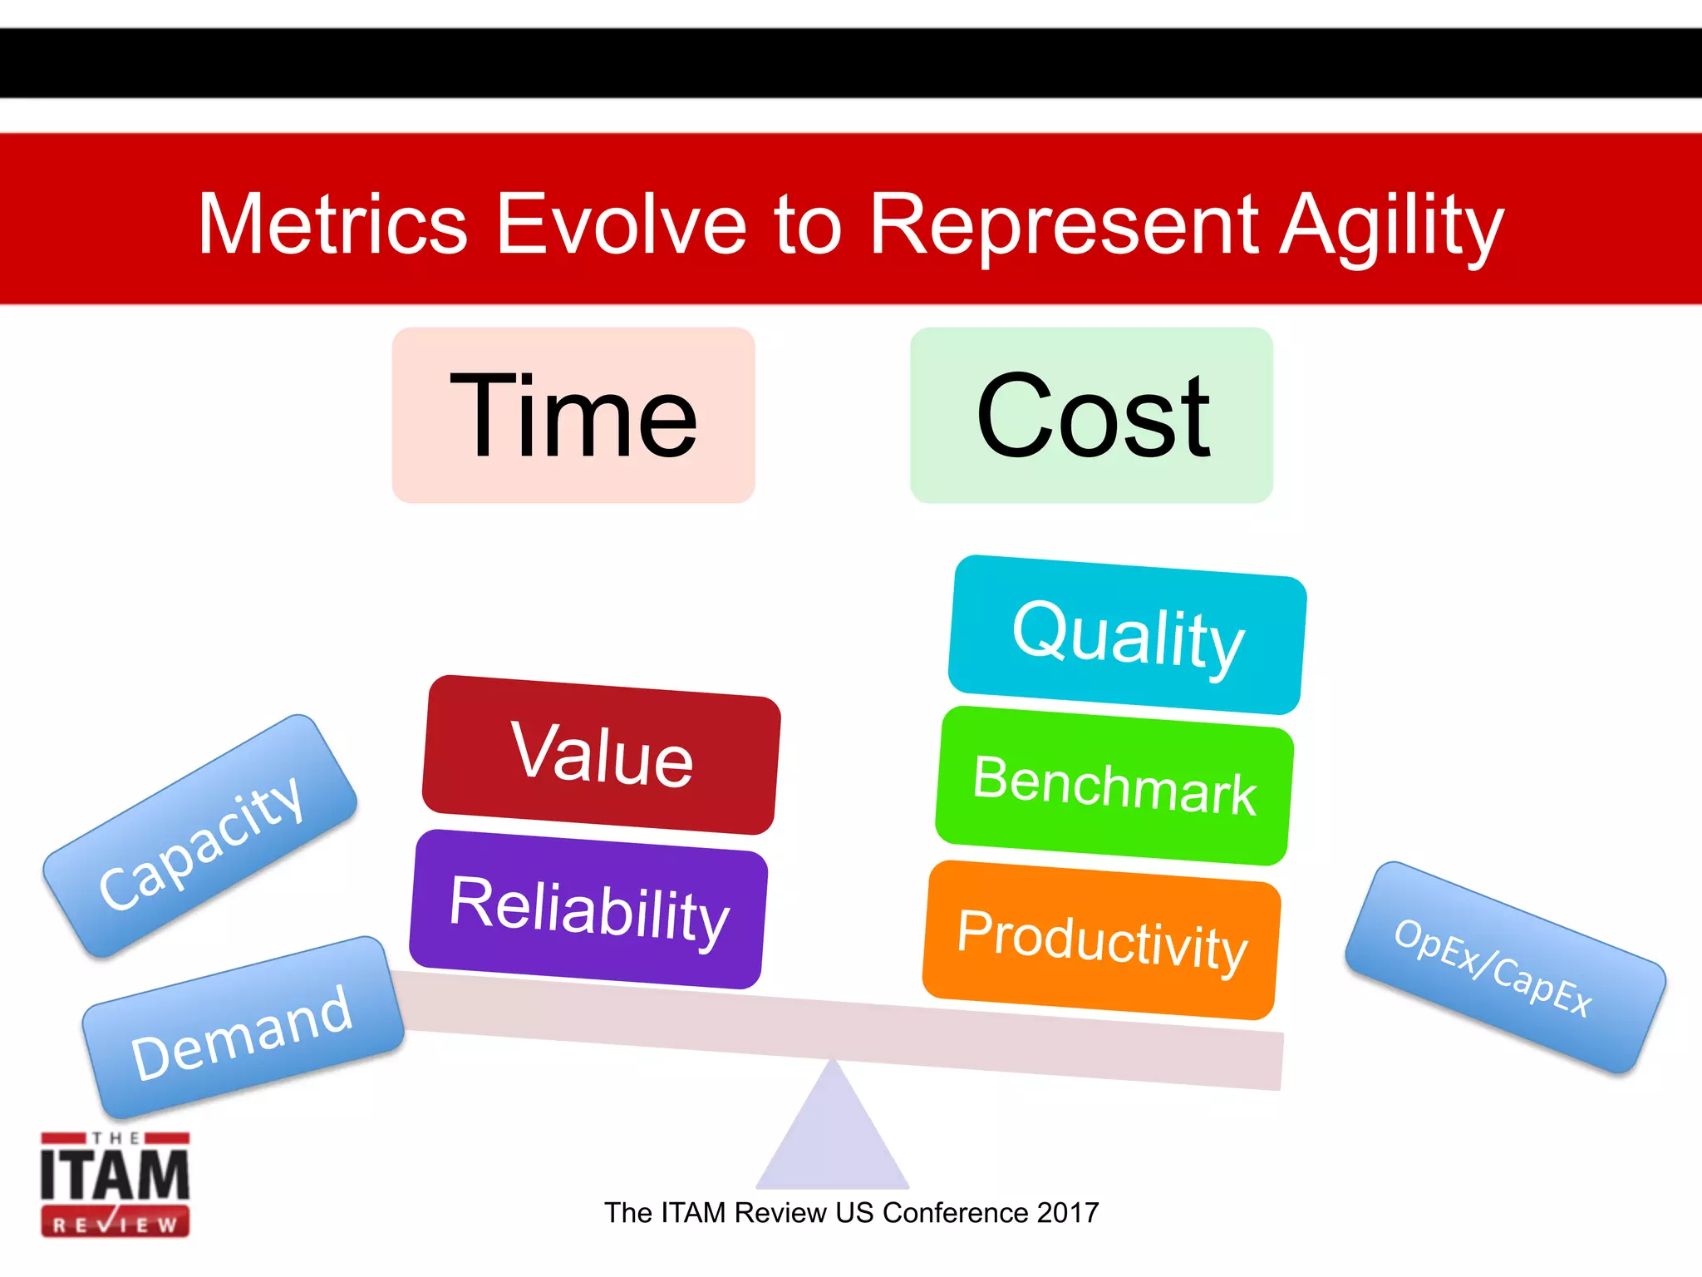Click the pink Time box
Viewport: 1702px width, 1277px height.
[x=573, y=415]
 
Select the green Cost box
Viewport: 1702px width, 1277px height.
[x=1091, y=415]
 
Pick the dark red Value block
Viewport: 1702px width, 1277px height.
[x=602, y=754]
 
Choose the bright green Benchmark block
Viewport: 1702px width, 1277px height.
[x=1114, y=786]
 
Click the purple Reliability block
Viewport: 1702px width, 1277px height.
[x=588, y=910]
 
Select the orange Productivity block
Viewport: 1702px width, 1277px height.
[x=1102, y=940]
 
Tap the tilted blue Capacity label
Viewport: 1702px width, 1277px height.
[x=200, y=836]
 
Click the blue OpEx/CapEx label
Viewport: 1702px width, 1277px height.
[x=1505, y=968]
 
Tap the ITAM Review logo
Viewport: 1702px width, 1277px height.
[x=116, y=1184]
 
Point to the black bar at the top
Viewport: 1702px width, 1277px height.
[x=851, y=63]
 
